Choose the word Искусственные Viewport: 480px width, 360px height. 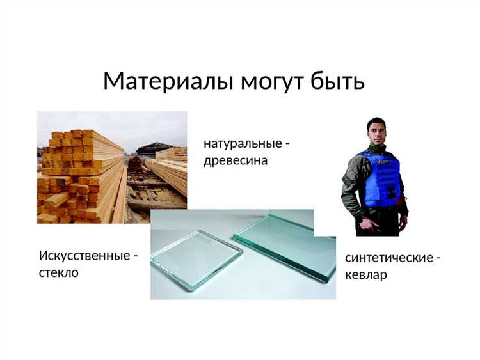83,256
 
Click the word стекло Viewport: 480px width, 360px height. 59,273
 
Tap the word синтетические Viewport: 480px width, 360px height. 388,258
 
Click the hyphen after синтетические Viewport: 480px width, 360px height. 438,258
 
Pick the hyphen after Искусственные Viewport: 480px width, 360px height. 135,256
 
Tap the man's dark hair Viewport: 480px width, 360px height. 377,121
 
